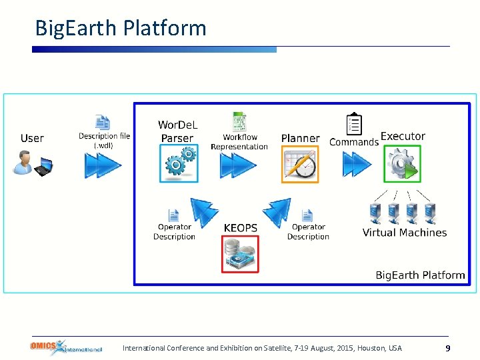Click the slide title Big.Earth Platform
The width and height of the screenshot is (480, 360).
121,28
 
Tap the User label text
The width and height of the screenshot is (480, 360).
32,138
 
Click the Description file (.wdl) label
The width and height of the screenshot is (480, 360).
104,141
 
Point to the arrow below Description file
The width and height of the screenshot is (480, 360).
103,165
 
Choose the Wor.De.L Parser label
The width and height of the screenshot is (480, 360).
177,131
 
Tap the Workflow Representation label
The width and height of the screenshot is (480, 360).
239,142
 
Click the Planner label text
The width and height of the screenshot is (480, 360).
300,139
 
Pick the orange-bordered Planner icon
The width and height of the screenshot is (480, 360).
300,165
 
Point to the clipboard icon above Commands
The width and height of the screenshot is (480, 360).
355,124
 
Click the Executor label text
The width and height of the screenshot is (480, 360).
403,137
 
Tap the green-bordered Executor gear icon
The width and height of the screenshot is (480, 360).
403,164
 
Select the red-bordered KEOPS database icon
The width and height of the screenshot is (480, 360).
240,255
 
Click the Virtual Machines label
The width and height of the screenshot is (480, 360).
404,233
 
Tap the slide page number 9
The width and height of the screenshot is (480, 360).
448,348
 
